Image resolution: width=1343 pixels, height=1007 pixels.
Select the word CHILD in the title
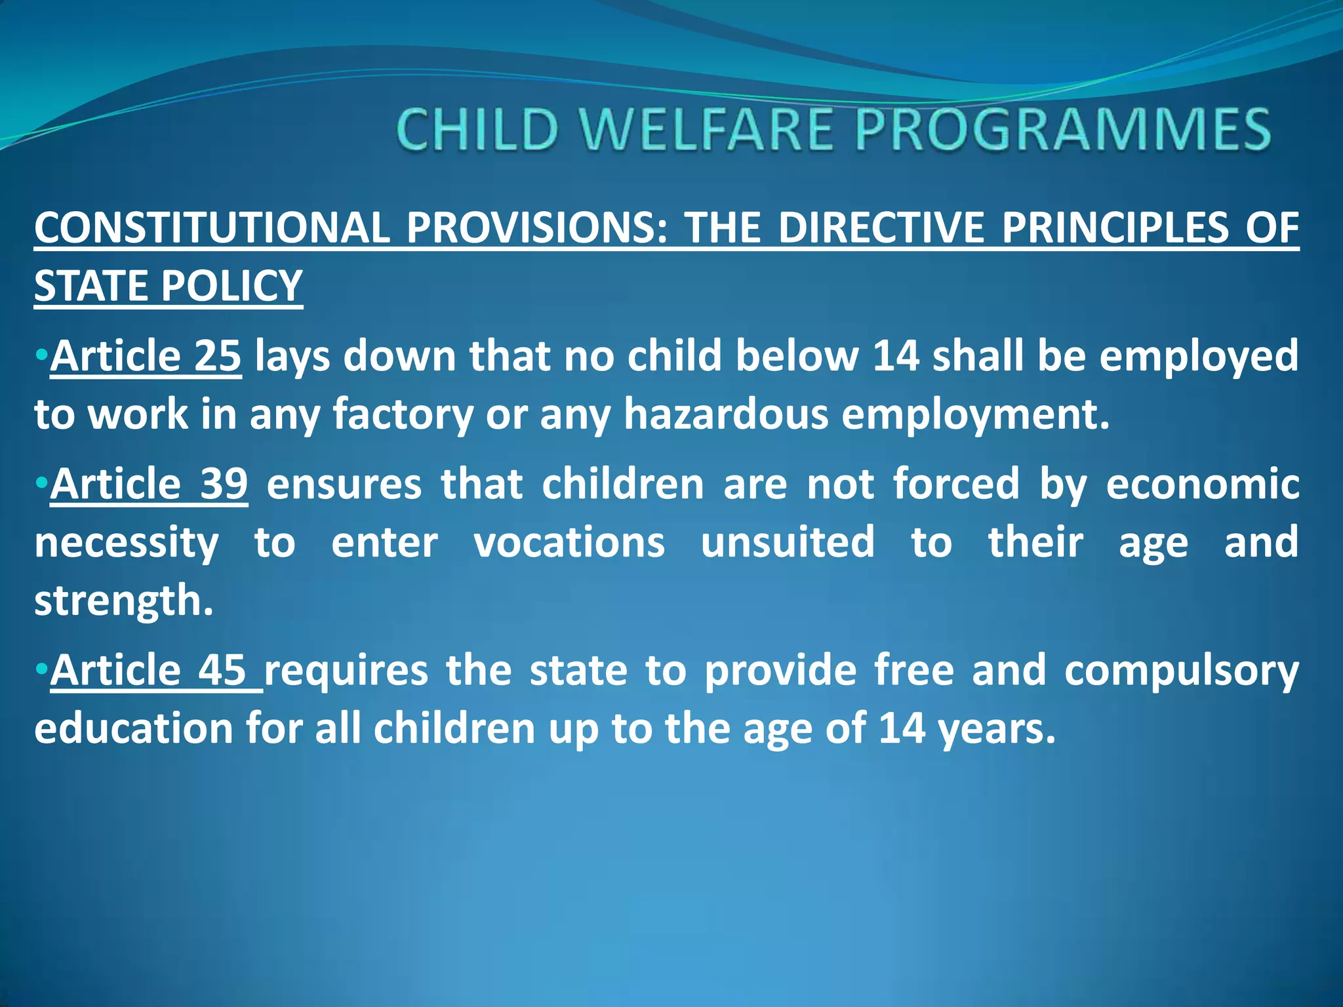(477, 129)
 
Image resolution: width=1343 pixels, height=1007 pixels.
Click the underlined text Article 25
(146, 356)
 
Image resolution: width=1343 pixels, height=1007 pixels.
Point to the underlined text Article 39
(149, 484)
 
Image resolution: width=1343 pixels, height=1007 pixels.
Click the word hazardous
(726, 414)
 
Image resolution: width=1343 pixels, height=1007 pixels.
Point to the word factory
(403, 414)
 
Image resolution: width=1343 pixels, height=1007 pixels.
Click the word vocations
(569, 542)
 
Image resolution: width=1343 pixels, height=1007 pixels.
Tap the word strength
(123, 601)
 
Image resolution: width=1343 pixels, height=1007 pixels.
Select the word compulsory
(1181, 671)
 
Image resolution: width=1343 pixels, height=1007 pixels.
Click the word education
(134, 729)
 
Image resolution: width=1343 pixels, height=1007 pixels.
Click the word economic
(1203, 484)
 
